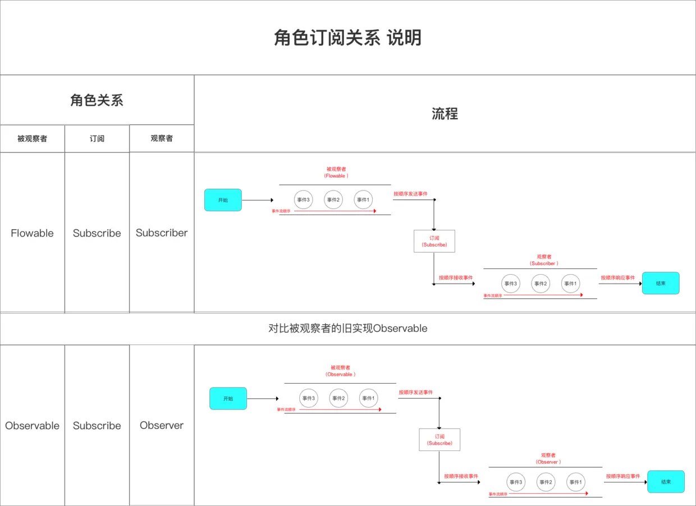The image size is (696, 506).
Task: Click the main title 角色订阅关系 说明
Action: tap(347, 38)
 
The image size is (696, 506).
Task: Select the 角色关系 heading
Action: tap(97, 101)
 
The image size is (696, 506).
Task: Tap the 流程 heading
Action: tap(445, 114)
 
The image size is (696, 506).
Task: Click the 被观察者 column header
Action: tap(32, 139)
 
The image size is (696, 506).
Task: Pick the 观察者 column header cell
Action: tap(162, 138)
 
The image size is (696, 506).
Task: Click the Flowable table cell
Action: tap(32, 233)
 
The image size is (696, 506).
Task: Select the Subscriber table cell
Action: tap(162, 233)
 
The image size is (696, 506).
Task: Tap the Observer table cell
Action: tap(162, 425)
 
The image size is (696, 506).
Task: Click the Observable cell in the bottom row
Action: tap(32, 426)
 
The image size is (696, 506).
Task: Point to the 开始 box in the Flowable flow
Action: tap(223, 200)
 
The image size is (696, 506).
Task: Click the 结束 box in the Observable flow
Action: tap(666, 482)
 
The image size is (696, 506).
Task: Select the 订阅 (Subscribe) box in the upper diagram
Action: tap(434, 241)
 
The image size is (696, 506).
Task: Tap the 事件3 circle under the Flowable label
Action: tap(303, 200)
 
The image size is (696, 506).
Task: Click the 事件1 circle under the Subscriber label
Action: tap(570, 284)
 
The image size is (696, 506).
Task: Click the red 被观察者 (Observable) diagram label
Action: tap(340, 371)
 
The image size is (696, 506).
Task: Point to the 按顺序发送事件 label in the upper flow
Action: tap(410, 194)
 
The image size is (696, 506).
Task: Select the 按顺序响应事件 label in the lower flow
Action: tap(622, 476)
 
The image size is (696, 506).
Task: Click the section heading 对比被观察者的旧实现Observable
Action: tap(347, 329)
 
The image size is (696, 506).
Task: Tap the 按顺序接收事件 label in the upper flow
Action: tap(456, 277)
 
